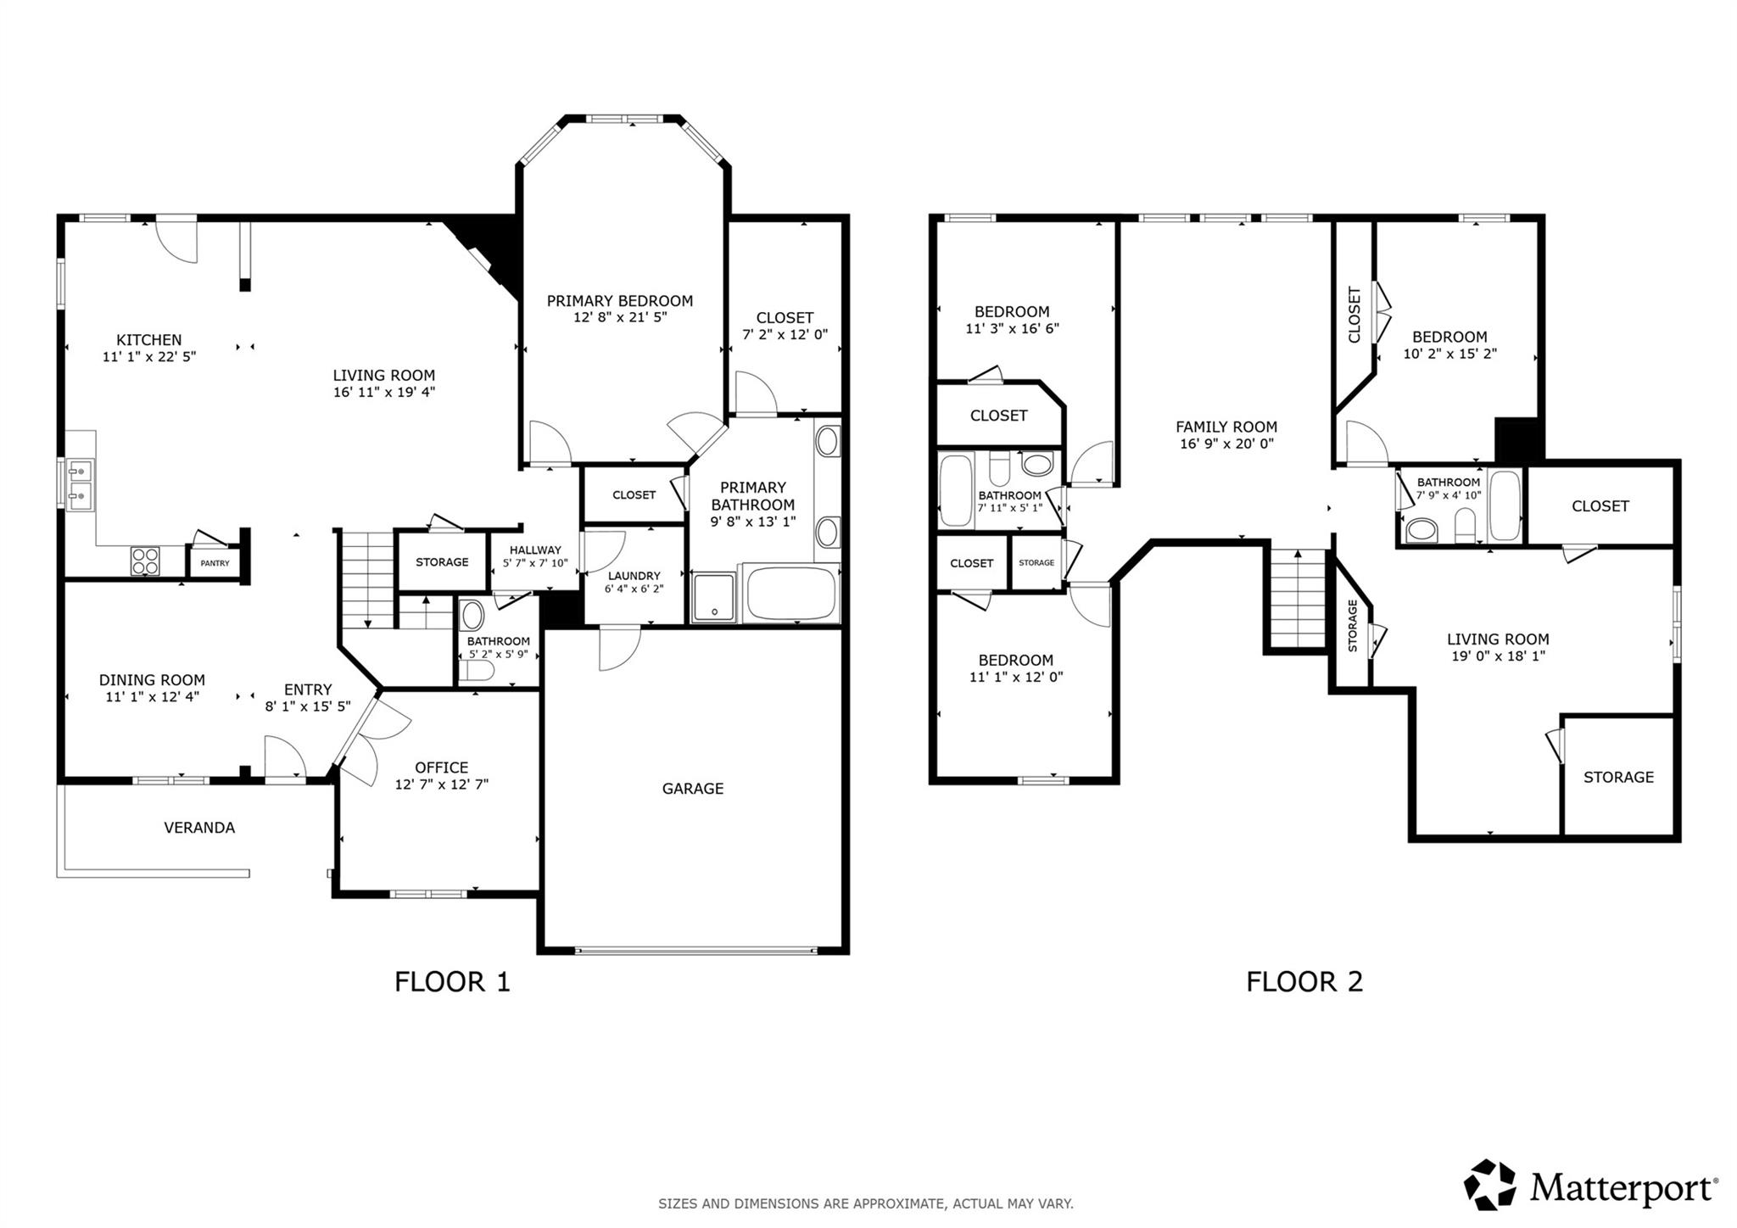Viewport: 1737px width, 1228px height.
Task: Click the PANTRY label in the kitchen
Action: click(x=215, y=563)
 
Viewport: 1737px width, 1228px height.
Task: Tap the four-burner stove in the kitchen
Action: click(x=145, y=561)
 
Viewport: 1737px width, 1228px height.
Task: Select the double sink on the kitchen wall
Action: click(x=81, y=485)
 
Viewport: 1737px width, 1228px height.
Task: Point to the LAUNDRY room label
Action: click(x=634, y=576)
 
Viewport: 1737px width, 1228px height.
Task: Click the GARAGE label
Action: click(x=693, y=789)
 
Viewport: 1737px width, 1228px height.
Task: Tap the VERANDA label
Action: click(x=199, y=828)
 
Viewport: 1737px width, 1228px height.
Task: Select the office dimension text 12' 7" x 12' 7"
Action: click(x=441, y=784)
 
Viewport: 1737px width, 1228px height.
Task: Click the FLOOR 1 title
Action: click(x=452, y=982)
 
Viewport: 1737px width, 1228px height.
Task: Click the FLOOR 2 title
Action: click(x=1304, y=982)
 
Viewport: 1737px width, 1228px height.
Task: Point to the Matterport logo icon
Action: click(x=1490, y=1185)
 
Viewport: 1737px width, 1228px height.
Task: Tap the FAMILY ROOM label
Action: click(x=1226, y=427)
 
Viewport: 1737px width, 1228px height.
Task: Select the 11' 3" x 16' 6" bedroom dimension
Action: click(x=1012, y=329)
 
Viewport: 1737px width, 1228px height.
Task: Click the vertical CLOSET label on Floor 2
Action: click(x=1354, y=315)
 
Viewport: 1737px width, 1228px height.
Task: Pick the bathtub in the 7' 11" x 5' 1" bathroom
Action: click(x=956, y=490)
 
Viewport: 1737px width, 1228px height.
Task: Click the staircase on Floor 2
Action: click(x=1298, y=598)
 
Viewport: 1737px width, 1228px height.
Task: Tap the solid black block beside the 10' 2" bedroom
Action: click(x=1517, y=438)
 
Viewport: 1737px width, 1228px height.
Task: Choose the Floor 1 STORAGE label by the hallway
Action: click(x=442, y=562)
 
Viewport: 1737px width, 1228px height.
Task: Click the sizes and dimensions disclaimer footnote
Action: click(x=866, y=1203)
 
